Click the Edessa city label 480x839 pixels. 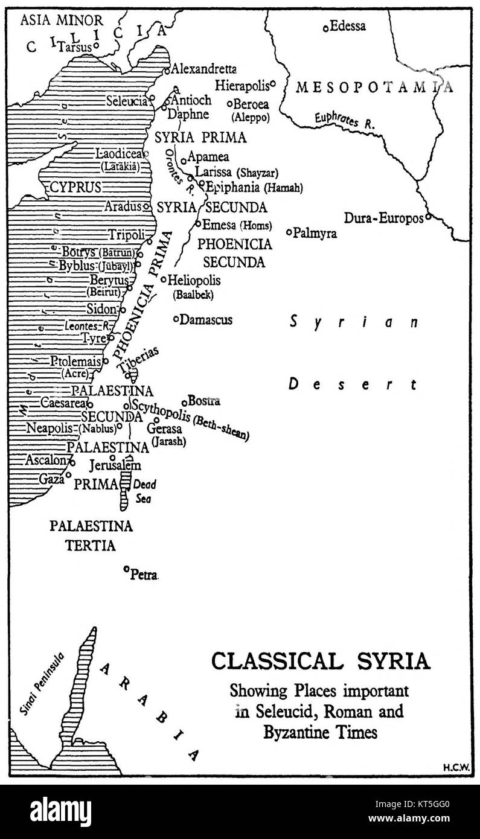348,26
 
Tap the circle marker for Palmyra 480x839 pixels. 289,232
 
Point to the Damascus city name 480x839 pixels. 206,319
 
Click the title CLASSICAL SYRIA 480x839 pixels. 321,662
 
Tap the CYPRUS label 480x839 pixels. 75,187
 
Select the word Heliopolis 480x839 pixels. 194,280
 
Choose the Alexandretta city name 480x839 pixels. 204,69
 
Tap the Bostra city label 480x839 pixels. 203,401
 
